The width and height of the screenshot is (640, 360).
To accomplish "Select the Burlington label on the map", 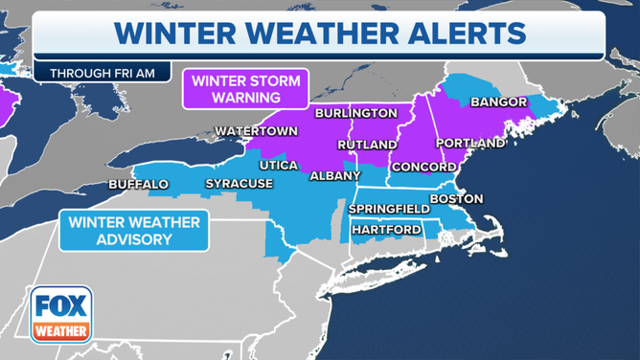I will pos(355,113).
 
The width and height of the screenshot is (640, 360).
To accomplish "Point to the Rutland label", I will pos(367,145).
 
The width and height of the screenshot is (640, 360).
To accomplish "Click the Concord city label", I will pos(423,166).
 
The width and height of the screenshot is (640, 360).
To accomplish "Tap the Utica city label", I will pos(279,165).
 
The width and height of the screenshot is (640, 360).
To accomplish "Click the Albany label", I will pos(334,176).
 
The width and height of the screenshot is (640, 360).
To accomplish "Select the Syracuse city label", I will pos(240,183).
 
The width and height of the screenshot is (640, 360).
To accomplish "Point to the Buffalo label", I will pos(138,183).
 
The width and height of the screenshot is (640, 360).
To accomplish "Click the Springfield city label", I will pos(389,208).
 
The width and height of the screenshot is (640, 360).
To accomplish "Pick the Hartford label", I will pos(386,230).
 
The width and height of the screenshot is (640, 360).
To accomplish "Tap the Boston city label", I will pos(456,198).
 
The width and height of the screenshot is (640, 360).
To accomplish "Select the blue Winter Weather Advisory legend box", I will pos(133,231).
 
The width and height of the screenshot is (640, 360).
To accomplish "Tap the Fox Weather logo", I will pos(61,315).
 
